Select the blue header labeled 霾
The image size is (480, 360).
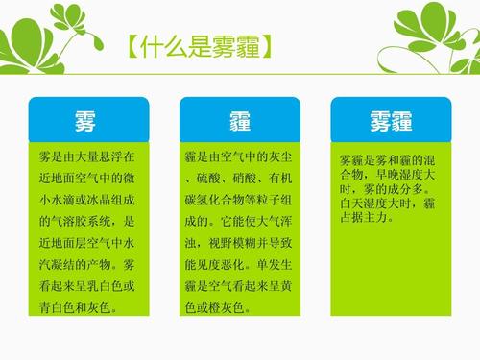pyautogui.click(x=240, y=120)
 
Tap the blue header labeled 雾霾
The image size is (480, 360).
pyautogui.click(x=391, y=120)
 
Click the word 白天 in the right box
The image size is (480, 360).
pyautogui.click(x=352, y=204)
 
